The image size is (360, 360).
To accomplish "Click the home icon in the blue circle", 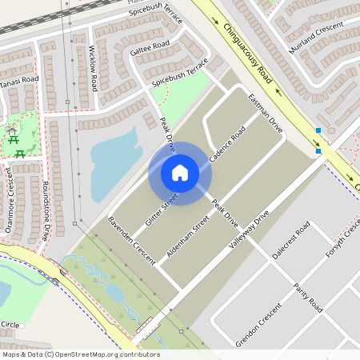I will [x=180, y=172].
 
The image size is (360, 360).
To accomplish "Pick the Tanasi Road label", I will [x=19, y=80].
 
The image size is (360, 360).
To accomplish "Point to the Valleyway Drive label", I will [x=248, y=233].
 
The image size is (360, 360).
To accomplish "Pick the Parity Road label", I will [x=307, y=298].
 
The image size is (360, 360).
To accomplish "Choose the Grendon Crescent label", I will [x=259, y=325].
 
